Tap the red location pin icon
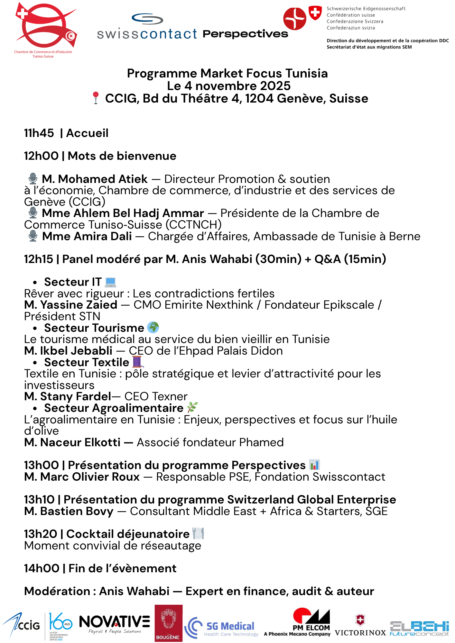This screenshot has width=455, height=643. [96, 98]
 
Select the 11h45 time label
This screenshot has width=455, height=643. [39, 133]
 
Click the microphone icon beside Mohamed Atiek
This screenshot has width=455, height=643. [33, 179]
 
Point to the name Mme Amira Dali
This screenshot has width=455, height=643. [87, 236]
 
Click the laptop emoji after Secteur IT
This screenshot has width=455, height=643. [111, 282]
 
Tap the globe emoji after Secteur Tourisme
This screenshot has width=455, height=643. [153, 328]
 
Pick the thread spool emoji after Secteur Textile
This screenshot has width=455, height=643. [137, 362]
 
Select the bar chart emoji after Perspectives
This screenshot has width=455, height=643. [314, 465]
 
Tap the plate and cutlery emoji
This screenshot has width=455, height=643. [198, 534]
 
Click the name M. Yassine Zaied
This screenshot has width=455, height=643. [71, 305]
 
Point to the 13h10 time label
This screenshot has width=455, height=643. [39, 500]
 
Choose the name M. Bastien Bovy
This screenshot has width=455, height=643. [69, 511]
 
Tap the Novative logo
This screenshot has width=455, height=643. [114, 624]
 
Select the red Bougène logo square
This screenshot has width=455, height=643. [168, 623]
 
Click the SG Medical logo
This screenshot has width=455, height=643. [222, 627]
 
